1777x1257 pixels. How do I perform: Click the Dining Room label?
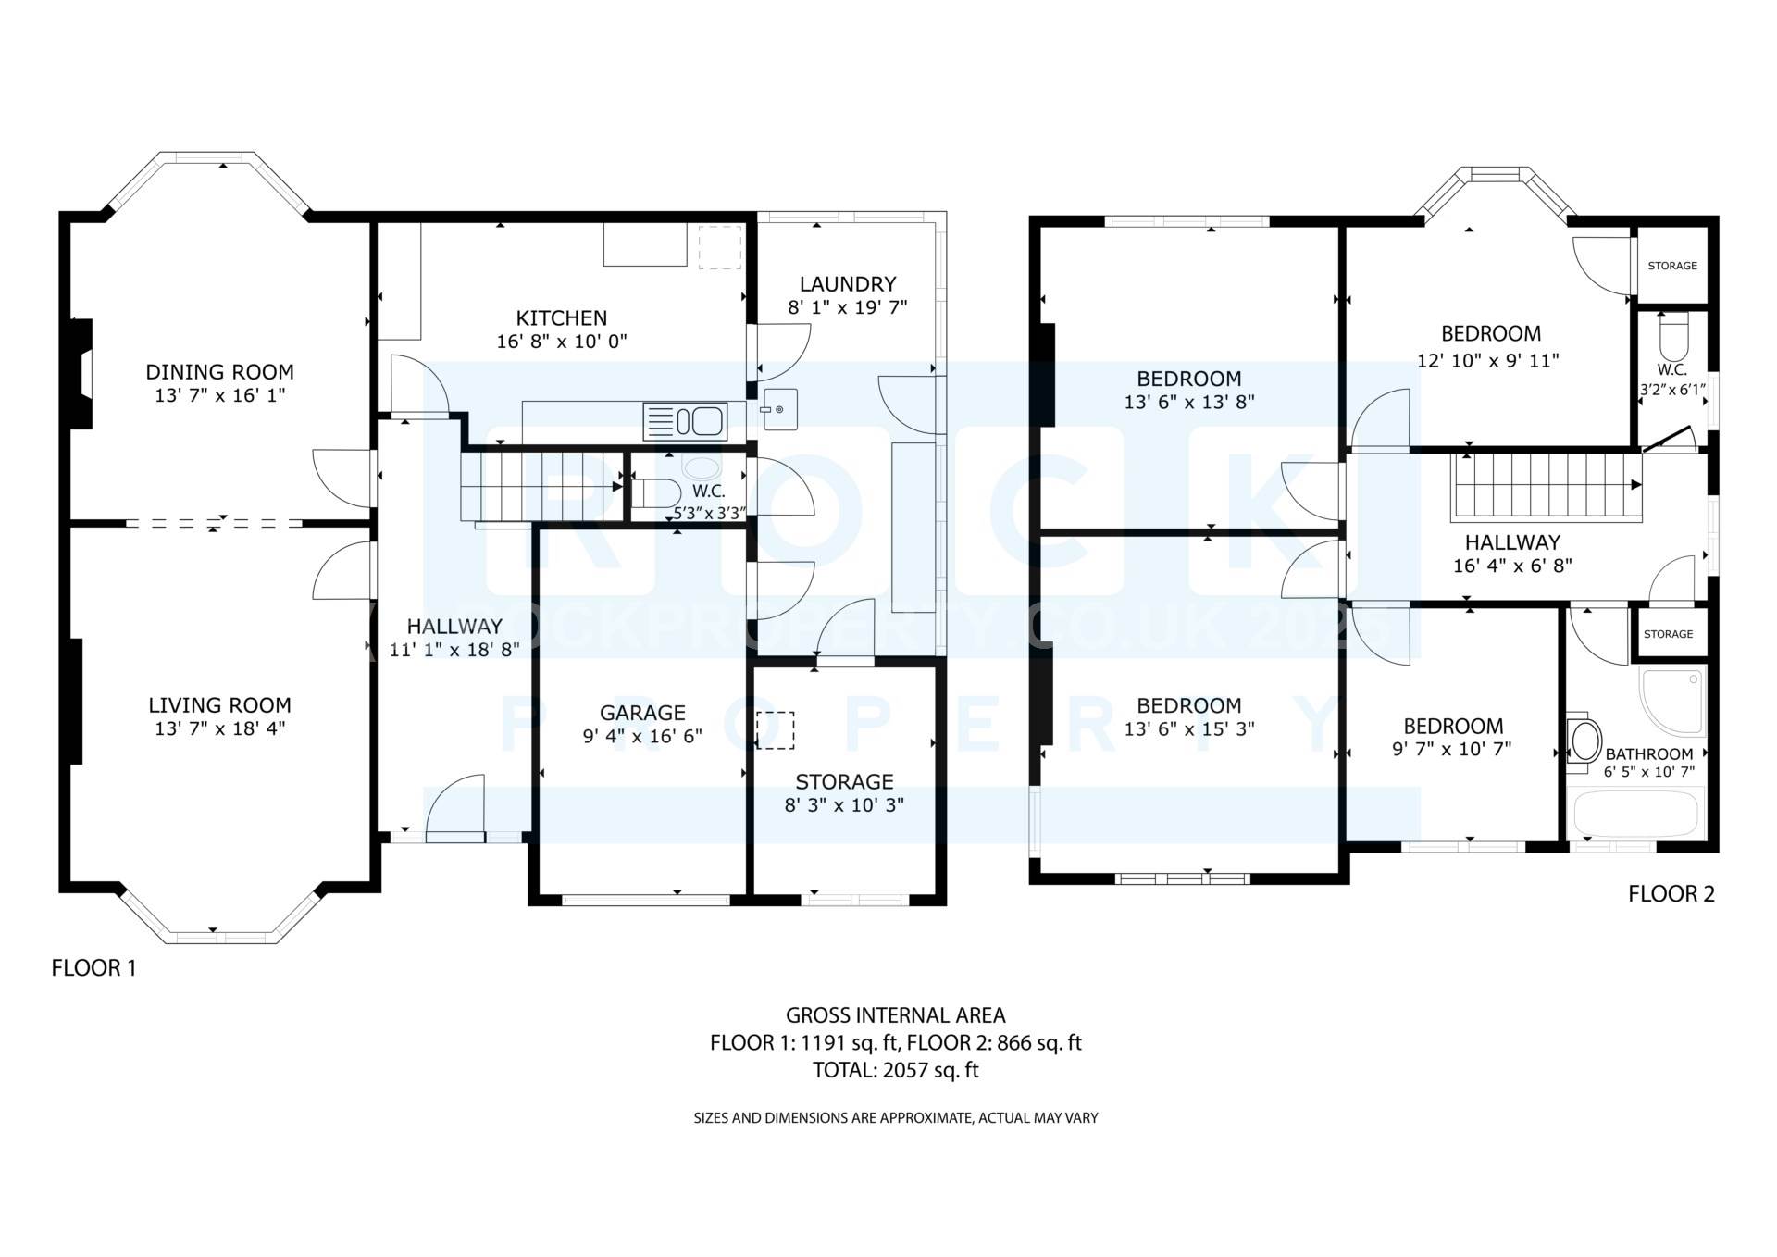click(220, 372)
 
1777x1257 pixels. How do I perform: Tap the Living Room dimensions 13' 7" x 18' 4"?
click(220, 728)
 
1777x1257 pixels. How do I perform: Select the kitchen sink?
click(685, 422)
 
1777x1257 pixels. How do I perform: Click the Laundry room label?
click(848, 284)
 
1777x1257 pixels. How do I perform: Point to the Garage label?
click(642, 713)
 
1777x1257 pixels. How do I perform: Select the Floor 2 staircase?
click(1547, 484)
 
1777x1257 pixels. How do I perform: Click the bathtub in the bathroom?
click(1636, 814)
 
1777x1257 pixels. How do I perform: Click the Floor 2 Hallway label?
click(1512, 542)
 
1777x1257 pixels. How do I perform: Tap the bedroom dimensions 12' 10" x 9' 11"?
click(1488, 360)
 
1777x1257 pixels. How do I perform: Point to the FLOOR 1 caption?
click(93, 968)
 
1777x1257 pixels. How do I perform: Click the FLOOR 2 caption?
click(1671, 894)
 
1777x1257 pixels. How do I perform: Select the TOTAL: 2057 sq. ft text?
click(895, 1070)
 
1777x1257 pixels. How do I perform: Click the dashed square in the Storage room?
click(775, 729)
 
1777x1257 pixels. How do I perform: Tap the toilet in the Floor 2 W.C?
click(1674, 337)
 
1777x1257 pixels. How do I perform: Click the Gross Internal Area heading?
click(895, 1015)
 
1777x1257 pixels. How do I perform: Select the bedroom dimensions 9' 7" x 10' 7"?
click(1452, 749)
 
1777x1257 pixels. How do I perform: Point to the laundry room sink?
click(779, 410)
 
